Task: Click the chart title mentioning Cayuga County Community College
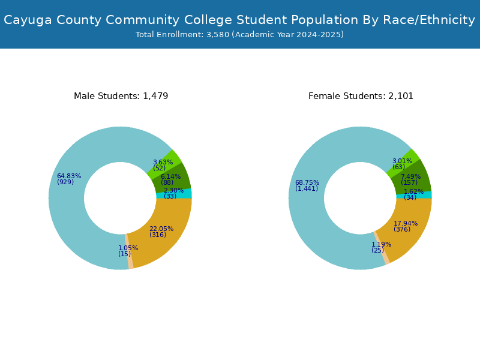(x=239, y=20)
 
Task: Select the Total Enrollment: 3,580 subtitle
(x=239, y=35)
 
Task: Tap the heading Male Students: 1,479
(x=121, y=96)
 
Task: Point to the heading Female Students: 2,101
(x=361, y=96)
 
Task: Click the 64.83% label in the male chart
(x=69, y=176)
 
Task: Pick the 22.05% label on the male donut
(x=161, y=229)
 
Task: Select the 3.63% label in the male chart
(x=163, y=162)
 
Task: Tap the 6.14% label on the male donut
(x=170, y=176)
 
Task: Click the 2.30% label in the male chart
(x=173, y=190)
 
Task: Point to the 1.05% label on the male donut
(x=128, y=248)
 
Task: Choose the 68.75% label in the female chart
(x=307, y=183)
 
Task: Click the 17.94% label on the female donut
(x=406, y=223)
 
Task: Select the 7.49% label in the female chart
(x=410, y=176)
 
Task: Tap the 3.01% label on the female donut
(x=402, y=161)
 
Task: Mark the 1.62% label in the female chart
(x=413, y=191)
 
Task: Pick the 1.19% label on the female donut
(x=381, y=244)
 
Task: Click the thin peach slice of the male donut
(x=129, y=251)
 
